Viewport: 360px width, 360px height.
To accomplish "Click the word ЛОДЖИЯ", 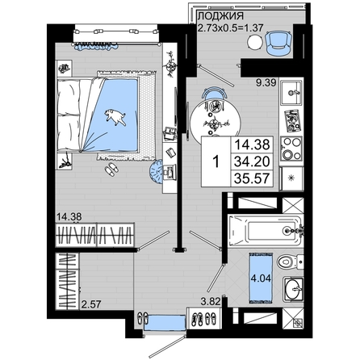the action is click(x=220, y=16).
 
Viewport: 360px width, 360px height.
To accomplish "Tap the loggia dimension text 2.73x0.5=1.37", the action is click(x=230, y=27).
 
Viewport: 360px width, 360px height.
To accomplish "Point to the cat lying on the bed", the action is click(x=115, y=117).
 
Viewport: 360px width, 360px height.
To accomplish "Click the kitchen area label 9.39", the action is click(x=266, y=83).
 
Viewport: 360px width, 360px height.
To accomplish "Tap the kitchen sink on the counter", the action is click(x=291, y=92).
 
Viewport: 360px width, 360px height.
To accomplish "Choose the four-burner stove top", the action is click(x=291, y=149).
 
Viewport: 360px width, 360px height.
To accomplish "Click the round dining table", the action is click(x=216, y=120).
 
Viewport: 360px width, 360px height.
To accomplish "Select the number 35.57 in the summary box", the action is click(x=252, y=178).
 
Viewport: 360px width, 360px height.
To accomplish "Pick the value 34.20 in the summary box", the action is click(x=252, y=161).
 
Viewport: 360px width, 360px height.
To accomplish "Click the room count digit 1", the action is click(x=216, y=162).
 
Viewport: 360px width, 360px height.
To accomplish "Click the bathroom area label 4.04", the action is click(x=261, y=278).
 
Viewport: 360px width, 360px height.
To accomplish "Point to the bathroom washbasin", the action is click(x=293, y=289).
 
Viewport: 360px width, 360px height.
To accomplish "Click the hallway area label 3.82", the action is click(x=211, y=302).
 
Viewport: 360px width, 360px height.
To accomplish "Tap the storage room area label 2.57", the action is click(x=91, y=304).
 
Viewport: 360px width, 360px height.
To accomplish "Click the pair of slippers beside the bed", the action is click(x=111, y=170).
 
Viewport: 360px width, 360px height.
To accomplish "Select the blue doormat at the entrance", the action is click(x=165, y=323).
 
